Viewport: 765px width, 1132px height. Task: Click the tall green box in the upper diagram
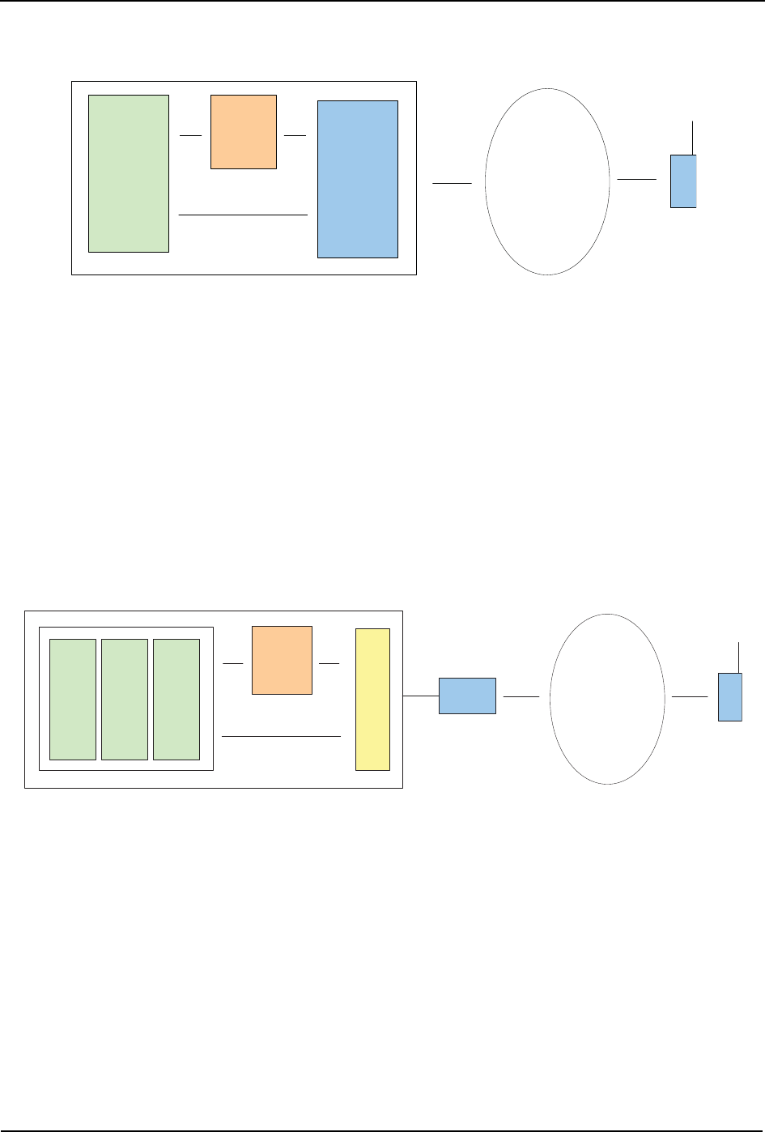pos(129,173)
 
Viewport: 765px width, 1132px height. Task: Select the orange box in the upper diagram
pos(244,132)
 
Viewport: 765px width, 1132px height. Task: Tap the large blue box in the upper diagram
pos(358,179)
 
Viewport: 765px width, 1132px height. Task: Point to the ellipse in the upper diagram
pos(547,182)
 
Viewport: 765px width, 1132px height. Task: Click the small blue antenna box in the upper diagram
pos(683,181)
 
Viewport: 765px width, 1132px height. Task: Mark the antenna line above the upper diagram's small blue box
pos(693,137)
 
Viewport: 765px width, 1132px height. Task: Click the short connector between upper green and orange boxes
pos(190,135)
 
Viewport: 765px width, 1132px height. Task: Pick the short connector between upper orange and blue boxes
pos(295,135)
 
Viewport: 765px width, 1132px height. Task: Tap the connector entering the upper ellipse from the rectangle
pos(452,185)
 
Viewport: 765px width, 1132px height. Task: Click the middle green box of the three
pos(125,700)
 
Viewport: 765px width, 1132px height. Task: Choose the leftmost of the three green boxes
pos(73,700)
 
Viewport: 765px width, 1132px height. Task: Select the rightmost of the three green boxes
pos(176,700)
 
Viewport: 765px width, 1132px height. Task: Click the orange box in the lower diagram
pos(282,660)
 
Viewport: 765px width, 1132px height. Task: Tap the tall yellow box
pos(373,700)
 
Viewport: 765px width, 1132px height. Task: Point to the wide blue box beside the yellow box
pos(467,696)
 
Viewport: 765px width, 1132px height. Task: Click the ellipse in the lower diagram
pos(607,699)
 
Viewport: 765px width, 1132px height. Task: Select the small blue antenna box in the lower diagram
pos(730,697)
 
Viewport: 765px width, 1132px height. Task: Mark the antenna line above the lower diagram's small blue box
pos(739,657)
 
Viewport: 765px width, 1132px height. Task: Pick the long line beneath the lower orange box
pos(281,737)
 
